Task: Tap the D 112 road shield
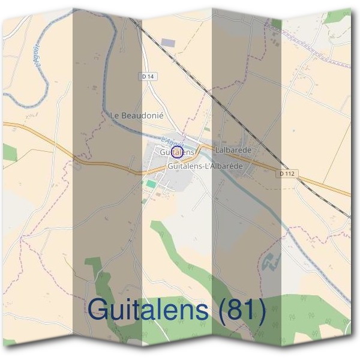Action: (x=287, y=174)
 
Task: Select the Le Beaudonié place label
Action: (x=137, y=114)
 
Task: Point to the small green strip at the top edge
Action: (x=276, y=23)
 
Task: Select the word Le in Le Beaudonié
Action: (x=116, y=114)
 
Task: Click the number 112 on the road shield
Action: (x=290, y=174)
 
